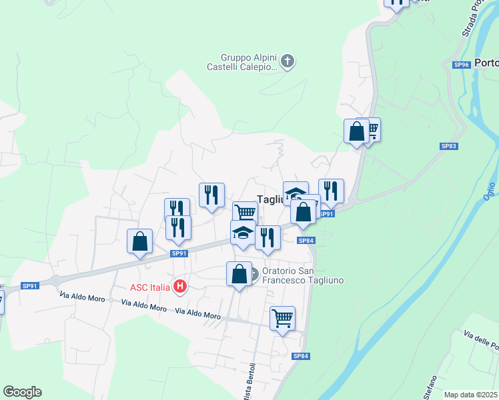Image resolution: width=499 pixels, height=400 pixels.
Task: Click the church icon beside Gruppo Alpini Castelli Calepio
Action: pyautogui.click(x=288, y=62)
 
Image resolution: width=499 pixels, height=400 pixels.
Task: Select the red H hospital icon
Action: pyautogui.click(x=179, y=287)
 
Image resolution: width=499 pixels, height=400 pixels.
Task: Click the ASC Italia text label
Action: pyautogui.click(x=149, y=288)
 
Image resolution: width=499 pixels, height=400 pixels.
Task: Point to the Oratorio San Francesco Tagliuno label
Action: pyautogui.click(x=302, y=276)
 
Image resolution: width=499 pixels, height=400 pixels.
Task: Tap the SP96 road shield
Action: pyautogui.click(x=462, y=65)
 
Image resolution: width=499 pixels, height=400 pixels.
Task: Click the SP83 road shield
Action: pyautogui.click(x=448, y=146)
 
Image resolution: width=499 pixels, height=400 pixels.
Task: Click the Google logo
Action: pyautogui.click(x=22, y=392)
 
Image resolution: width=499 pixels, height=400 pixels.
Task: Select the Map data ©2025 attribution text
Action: pyautogui.click(x=470, y=395)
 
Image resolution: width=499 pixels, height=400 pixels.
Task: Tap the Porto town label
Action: pyautogui.click(x=488, y=63)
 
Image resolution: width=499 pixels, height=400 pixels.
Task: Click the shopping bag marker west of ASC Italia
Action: pyautogui.click(x=139, y=241)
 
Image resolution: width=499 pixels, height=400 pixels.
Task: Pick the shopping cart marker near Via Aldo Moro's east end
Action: pyautogui.click(x=282, y=319)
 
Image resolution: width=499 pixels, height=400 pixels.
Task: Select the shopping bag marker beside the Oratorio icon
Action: pyautogui.click(x=239, y=274)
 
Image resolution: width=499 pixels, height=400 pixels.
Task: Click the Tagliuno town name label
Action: pyautogui.click(x=271, y=199)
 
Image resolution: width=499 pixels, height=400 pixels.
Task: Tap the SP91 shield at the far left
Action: pyautogui.click(x=30, y=286)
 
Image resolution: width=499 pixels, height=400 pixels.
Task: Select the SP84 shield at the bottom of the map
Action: pyautogui.click(x=301, y=356)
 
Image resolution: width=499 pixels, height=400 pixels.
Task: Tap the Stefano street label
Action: pyautogui.click(x=430, y=387)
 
